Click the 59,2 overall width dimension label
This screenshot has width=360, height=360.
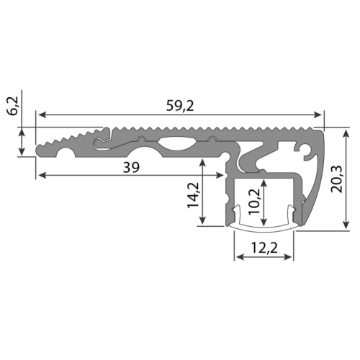(179, 105)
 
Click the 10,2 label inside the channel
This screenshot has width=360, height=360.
(252, 198)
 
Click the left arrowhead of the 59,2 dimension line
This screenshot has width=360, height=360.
(42, 114)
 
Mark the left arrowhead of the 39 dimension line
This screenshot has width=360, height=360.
(42, 174)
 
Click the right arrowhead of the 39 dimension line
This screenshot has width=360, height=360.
(224, 174)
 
